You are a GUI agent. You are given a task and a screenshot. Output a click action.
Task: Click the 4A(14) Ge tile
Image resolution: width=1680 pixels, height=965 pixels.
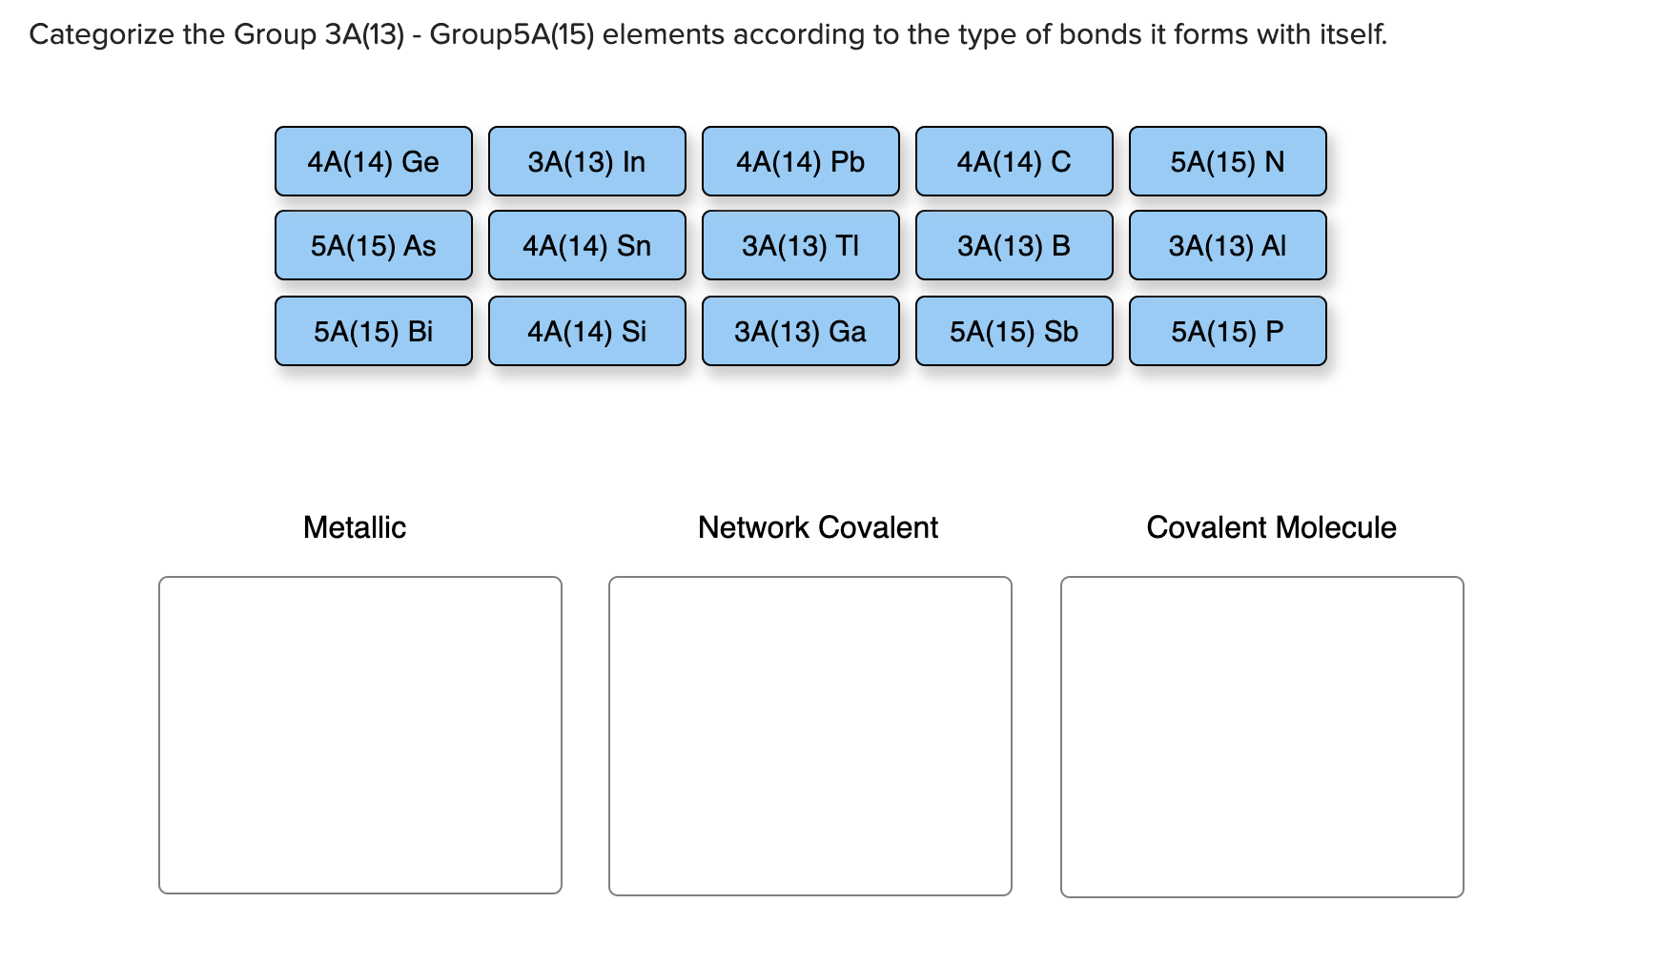(373, 161)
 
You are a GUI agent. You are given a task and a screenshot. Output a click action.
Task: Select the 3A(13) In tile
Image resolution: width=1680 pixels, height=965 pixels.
(586, 161)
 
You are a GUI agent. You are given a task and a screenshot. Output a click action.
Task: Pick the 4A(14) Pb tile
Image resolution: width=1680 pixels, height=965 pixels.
(800, 161)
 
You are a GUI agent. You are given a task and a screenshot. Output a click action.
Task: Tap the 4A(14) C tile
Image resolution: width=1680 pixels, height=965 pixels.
(1014, 161)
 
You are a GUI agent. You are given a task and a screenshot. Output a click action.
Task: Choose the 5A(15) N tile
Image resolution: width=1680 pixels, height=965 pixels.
(1227, 161)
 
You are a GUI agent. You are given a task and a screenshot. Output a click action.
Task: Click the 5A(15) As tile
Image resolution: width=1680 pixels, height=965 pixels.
(373, 245)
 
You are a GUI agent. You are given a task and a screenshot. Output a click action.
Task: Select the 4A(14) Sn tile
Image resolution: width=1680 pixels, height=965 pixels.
(586, 245)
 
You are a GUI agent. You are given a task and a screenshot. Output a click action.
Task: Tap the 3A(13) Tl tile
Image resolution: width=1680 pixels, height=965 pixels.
(800, 245)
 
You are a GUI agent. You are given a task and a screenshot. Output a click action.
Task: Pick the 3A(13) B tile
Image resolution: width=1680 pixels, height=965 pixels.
(1014, 245)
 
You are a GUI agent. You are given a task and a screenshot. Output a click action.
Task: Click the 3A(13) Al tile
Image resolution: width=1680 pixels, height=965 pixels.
(1227, 245)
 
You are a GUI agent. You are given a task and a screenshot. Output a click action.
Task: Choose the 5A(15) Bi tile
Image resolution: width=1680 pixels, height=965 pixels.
(373, 331)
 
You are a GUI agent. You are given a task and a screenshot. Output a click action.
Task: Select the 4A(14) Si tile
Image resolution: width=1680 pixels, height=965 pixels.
(586, 331)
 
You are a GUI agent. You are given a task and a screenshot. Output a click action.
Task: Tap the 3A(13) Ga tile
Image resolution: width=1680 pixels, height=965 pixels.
(800, 331)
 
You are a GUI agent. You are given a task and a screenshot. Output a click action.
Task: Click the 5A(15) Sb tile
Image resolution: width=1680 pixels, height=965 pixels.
(1014, 331)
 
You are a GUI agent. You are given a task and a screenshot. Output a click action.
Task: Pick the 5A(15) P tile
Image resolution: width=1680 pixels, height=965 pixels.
(1227, 331)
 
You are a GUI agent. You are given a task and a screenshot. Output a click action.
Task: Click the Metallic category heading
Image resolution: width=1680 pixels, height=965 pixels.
(354, 527)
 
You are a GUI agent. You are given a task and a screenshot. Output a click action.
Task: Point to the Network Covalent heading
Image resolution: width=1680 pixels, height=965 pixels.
(817, 527)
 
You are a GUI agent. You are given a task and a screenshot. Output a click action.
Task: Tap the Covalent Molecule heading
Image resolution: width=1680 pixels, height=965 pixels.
(1270, 527)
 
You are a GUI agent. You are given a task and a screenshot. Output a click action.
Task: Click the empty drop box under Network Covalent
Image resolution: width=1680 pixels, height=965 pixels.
(809, 735)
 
